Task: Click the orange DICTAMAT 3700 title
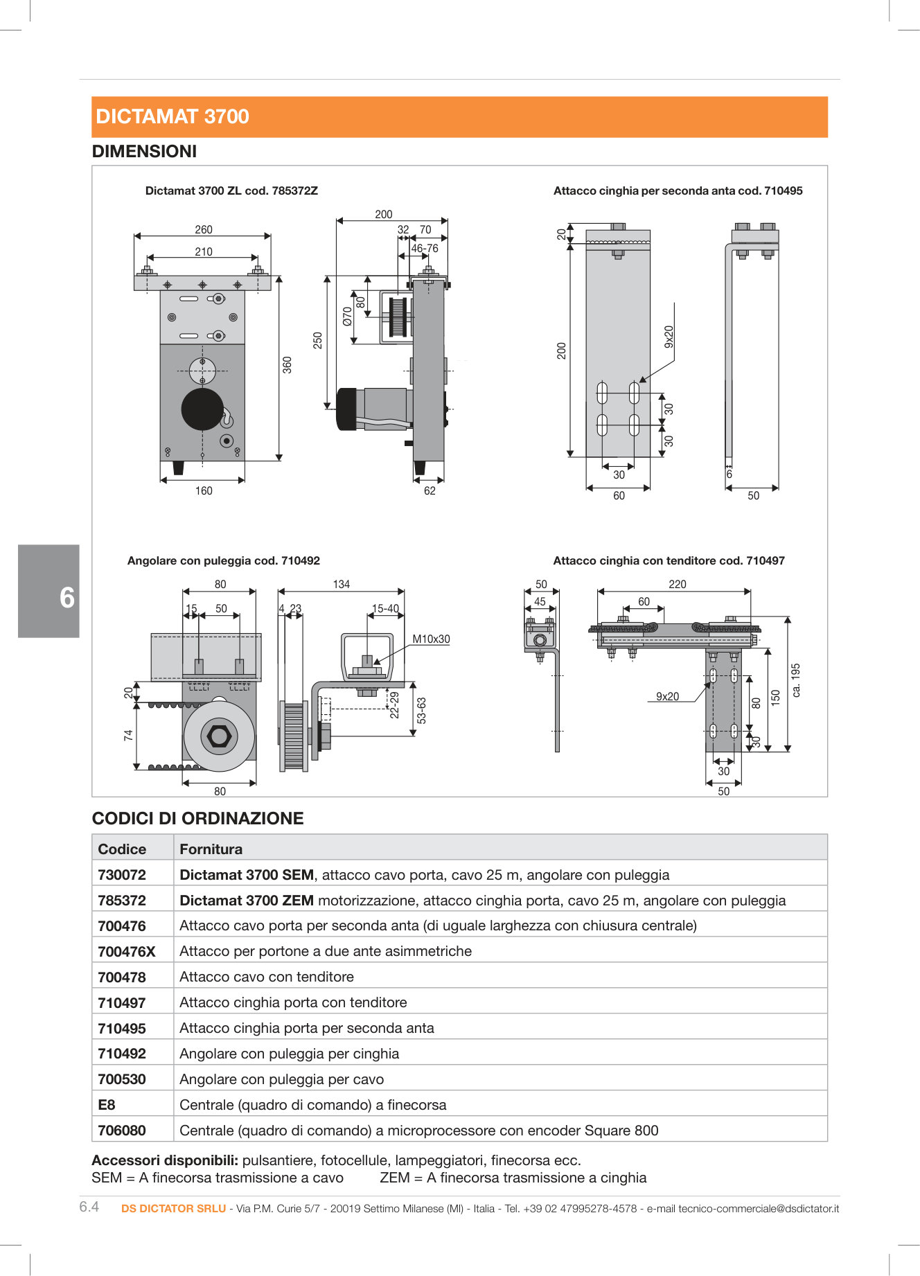tap(172, 116)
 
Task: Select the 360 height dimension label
tap(287, 365)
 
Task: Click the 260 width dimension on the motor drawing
tap(204, 230)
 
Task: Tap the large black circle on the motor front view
tap(202, 409)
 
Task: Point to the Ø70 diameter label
tap(347, 316)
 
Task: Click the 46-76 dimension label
tap(425, 249)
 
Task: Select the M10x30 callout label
tap(431, 639)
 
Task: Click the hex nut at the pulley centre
tap(220, 736)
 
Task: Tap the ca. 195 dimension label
tap(796, 680)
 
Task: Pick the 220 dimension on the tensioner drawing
tap(678, 585)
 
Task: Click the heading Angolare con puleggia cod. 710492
tap(224, 561)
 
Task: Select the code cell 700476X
tap(127, 952)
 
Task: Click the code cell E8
tap(107, 1105)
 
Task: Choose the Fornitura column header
tap(211, 849)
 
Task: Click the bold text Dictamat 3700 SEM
tap(247, 875)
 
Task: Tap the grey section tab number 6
tap(67, 597)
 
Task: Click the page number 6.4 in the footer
tap(89, 1207)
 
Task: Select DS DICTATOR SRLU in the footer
tap(174, 1209)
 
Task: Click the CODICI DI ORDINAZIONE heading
tap(198, 819)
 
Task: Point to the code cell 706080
tap(122, 1131)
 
